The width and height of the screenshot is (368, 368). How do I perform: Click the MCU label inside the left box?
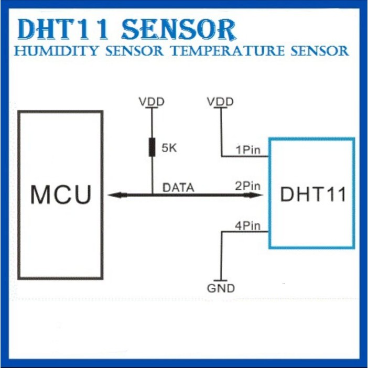tap(61, 194)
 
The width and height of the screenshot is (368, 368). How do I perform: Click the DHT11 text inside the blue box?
tap(313, 194)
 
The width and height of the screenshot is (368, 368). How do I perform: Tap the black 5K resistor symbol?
tap(152, 147)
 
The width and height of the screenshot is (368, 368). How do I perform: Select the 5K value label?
tap(169, 148)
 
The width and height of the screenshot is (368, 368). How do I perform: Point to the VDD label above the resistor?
tap(151, 102)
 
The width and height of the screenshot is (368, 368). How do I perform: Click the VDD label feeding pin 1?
tap(220, 102)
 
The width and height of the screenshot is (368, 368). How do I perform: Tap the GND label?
tap(221, 288)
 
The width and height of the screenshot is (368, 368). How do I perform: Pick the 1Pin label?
tap(248, 150)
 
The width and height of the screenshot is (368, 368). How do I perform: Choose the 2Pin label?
tap(248, 186)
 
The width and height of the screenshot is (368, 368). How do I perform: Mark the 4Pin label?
tap(248, 226)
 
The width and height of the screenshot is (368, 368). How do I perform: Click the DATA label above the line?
tap(178, 188)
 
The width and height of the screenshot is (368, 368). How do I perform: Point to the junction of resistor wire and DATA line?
tap(153, 194)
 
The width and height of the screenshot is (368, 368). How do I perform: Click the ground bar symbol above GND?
tap(221, 280)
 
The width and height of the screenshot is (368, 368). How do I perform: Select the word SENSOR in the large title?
tap(179, 29)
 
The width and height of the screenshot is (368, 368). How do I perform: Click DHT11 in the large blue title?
tap(63, 29)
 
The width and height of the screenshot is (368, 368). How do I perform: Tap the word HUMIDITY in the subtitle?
tap(56, 51)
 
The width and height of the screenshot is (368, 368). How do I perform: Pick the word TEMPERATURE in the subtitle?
tap(228, 51)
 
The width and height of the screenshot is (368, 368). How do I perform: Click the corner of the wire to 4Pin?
tap(221, 232)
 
